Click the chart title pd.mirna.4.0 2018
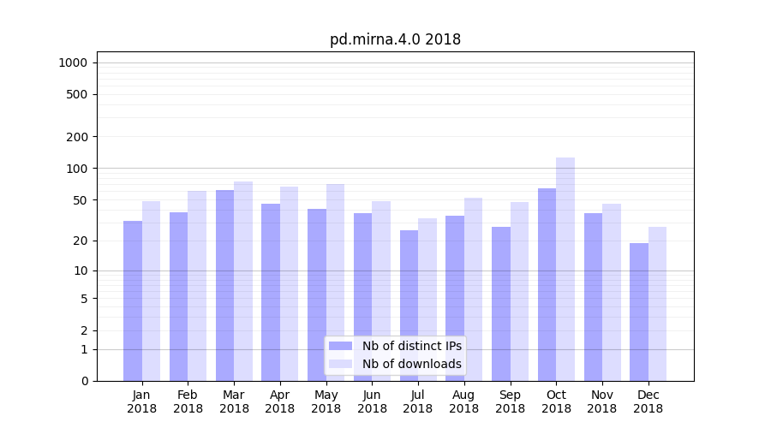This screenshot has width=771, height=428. point(395,39)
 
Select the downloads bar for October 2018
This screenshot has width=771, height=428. point(565,269)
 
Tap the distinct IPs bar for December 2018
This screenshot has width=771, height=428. point(639,312)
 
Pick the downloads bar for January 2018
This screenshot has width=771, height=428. point(152,291)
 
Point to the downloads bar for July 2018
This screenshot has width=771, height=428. point(427,300)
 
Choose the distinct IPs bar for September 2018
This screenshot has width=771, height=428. point(501,304)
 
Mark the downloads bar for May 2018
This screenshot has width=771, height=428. point(336,282)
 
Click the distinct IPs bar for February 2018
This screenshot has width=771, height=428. point(178,296)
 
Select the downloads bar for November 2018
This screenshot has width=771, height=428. point(612,292)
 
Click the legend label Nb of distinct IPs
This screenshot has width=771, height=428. point(411,346)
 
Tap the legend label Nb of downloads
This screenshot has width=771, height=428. point(411,364)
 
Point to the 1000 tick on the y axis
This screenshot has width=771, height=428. point(73,62)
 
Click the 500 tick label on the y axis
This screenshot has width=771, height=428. point(76,94)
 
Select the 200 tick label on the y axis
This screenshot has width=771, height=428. point(76,137)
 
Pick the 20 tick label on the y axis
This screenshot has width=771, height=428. point(80,241)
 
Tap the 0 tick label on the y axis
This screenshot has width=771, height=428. point(84,381)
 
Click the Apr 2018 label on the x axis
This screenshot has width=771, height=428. point(280,401)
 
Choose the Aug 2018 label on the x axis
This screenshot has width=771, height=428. point(463,401)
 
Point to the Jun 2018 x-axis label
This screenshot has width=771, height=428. point(372,401)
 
